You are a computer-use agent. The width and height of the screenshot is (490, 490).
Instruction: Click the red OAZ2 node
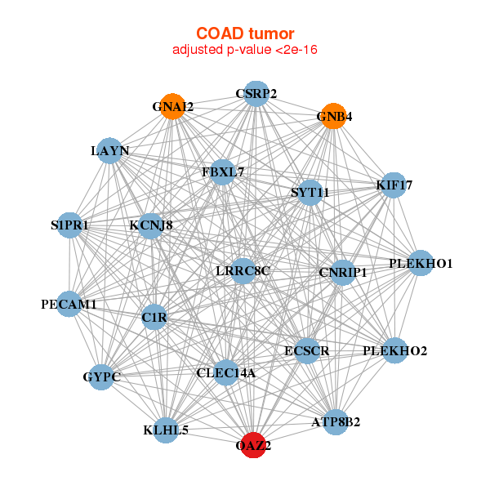coord(253,445)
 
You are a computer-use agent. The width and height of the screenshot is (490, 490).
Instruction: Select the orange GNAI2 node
coord(172,106)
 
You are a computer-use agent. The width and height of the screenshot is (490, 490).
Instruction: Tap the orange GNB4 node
coord(333,116)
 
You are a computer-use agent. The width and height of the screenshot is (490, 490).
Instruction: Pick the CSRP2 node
coord(256,93)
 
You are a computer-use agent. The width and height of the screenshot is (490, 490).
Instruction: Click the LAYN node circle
coord(110,150)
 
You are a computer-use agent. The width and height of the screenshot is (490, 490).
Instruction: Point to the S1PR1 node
coord(69,225)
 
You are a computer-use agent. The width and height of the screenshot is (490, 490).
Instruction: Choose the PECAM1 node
coord(69,304)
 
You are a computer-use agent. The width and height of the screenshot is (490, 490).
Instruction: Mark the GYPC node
coord(101,376)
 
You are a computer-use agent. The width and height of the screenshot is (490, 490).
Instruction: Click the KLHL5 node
coord(166,429)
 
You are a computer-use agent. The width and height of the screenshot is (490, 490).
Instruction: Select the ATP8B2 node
coord(336,421)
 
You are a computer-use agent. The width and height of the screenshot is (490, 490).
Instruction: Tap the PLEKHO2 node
coord(395,351)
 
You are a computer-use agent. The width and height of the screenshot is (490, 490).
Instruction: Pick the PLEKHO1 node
coord(421,263)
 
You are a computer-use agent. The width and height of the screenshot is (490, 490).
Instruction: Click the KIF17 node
coord(394,185)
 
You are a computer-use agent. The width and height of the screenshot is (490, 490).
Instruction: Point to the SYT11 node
coord(310,193)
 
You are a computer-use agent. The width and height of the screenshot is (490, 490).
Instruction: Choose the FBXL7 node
coord(223,172)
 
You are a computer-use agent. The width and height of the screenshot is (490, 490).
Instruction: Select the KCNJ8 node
coord(150,225)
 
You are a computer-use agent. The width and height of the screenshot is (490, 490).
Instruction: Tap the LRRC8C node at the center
coord(243,270)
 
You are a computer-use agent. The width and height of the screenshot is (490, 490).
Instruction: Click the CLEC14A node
coord(226,372)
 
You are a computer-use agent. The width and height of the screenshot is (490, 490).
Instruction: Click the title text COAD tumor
coord(244,33)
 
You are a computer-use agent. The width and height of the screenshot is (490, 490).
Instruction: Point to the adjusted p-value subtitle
coord(244,50)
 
